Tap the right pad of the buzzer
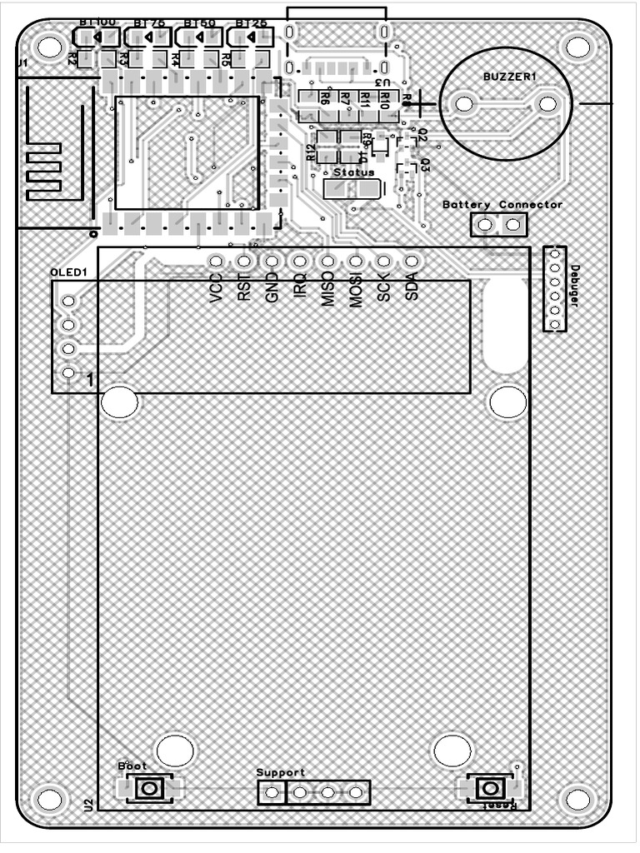tap(547, 103)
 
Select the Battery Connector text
tap(502, 204)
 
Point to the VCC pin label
tap(217, 288)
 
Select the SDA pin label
tap(411, 288)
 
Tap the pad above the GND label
tap(272, 262)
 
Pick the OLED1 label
tap(68, 272)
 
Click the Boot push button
tap(150, 788)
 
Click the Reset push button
tap(492, 788)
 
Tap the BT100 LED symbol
tap(97, 37)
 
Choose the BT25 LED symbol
tap(252, 37)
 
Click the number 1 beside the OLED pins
tap(90, 381)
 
